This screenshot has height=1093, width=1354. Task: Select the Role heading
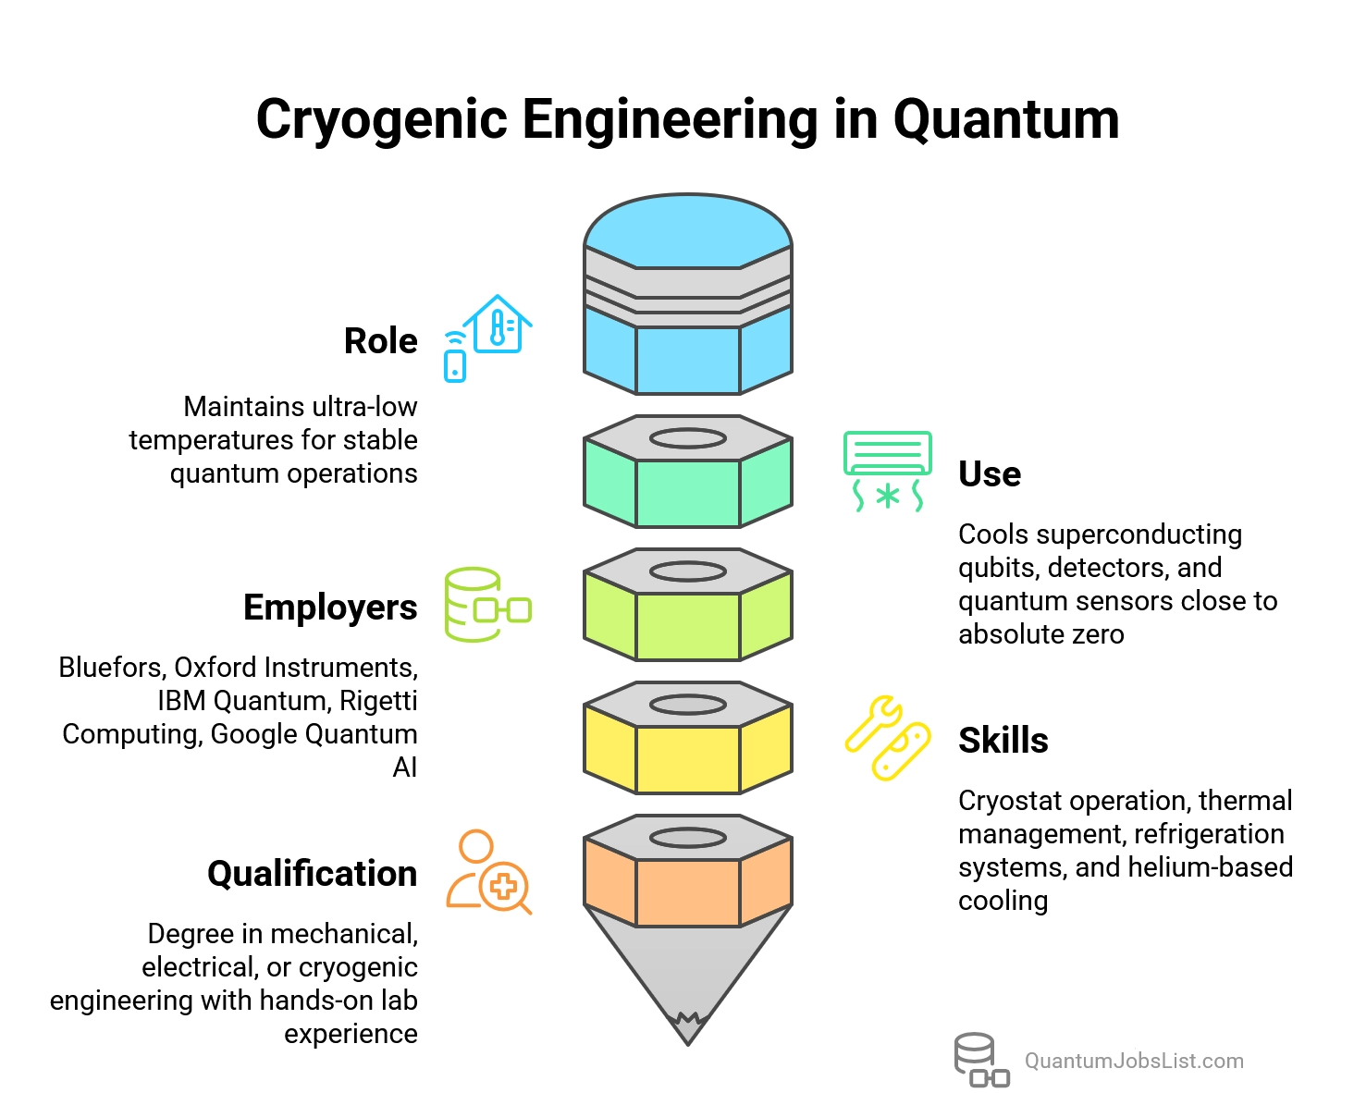pos(380,341)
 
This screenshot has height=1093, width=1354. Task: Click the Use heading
pos(990,474)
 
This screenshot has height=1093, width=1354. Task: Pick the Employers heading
pos(330,608)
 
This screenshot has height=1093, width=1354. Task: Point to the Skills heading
pos(1003,741)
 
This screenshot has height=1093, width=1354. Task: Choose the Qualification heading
pos(312,874)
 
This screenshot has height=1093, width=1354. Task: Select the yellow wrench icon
pos(887,737)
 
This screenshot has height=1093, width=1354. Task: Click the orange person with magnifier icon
pos(488,871)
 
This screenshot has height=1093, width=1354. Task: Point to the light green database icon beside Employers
pos(487,605)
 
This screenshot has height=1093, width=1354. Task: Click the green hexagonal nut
pos(688,472)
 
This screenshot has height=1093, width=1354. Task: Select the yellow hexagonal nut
pos(688,738)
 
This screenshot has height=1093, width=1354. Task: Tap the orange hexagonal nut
pos(688,871)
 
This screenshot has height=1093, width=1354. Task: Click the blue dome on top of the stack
pos(688,231)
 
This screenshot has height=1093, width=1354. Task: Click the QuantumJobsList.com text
pos(1134,1061)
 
